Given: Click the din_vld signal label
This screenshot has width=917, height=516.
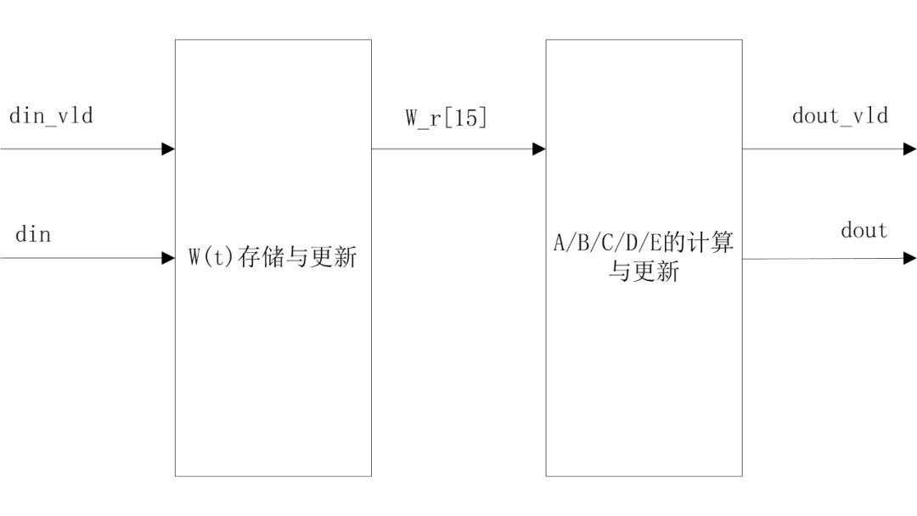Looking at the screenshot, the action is (51, 117).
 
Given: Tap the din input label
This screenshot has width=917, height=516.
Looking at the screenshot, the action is (33, 234).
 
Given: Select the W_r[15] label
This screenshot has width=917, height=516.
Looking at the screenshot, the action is (446, 119).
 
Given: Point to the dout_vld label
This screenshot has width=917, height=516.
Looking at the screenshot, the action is (840, 116).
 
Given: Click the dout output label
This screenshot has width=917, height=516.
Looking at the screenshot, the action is (864, 231).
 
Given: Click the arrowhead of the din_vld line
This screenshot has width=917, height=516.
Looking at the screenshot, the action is (168, 149).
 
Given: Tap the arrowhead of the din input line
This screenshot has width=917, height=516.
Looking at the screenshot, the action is (168, 258).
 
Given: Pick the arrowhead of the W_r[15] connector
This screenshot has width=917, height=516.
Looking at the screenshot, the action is (538, 149).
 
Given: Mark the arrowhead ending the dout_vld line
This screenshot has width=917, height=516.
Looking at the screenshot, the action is (910, 149).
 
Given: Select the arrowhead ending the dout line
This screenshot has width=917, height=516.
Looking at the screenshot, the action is (910, 258).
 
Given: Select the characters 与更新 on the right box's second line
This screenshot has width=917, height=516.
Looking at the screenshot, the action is (644, 273).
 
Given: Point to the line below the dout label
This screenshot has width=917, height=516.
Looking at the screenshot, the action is (824, 258).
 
